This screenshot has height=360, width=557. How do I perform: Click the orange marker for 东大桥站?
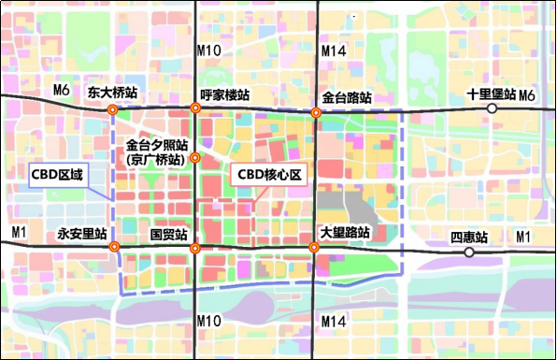(x=113, y=109)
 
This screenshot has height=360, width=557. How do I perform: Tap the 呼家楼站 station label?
(x=224, y=95)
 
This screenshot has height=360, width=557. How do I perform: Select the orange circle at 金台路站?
(x=316, y=112)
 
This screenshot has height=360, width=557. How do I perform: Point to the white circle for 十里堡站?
(x=492, y=108)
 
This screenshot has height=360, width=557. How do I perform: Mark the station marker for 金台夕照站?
(x=194, y=157)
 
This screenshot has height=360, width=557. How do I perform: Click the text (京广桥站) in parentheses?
(x=156, y=160)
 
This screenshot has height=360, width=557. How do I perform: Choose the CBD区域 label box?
(x=56, y=175)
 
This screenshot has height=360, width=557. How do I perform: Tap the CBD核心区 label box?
(x=269, y=175)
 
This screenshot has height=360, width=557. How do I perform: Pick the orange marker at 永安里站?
(x=114, y=247)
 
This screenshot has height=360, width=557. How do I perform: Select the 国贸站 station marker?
(x=195, y=248)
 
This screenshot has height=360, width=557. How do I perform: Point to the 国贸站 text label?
(x=169, y=233)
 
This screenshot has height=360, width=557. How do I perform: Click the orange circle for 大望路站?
(x=315, y=248)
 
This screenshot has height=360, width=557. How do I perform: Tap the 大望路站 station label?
(x=346, y=233)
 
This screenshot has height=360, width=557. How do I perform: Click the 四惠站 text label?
(x=468, y=237)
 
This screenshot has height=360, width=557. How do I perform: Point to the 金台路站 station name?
(x=347, y=97)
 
